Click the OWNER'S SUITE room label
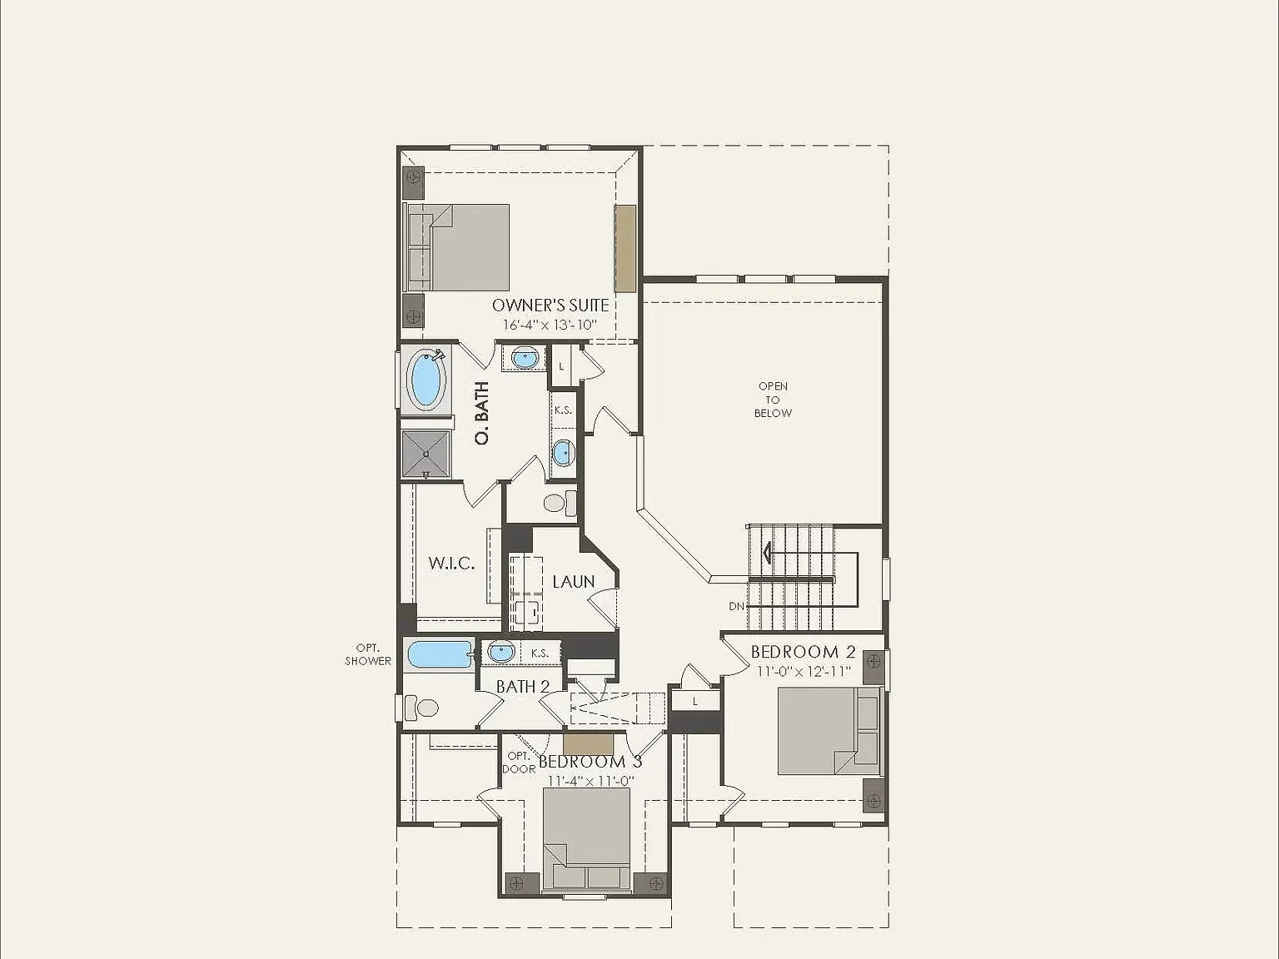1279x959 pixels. click(550, 306)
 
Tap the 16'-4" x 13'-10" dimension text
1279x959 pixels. click(550, 325)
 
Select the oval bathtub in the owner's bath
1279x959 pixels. click(427, 379)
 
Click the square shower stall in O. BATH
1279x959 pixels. click(426, 455)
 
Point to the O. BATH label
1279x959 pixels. click(482, 413)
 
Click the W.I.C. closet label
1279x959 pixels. click(451, 563)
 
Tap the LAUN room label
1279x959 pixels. click(574, 582)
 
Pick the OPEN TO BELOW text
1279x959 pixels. click(773, 400)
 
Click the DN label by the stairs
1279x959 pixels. click(737, 607)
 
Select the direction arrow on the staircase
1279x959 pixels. click(768, 553)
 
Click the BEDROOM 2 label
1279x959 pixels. click(803, 652)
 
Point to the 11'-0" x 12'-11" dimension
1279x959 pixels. click(804, 671)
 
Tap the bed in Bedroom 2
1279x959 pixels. click(829, 731)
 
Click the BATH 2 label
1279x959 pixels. click(523, 687)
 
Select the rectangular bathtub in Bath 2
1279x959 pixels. click(440, 655)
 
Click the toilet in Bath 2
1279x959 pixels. click(421, 708)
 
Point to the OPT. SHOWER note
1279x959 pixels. click(368, 653)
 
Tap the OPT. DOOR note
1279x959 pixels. click(519, 763)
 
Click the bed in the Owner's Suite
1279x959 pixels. click(458, 247)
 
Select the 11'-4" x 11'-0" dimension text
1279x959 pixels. click(591, 781)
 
